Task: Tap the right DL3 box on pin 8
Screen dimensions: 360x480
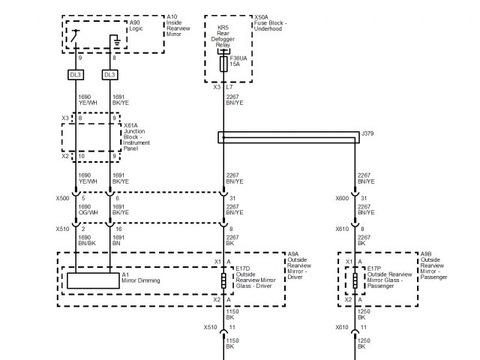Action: [x=110, y=74]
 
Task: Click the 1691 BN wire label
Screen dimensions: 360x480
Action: [x=118, y=240]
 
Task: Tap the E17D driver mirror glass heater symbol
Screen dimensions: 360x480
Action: [x=224, y=281]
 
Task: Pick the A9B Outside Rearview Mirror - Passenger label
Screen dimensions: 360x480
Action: [x=436, y=266]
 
